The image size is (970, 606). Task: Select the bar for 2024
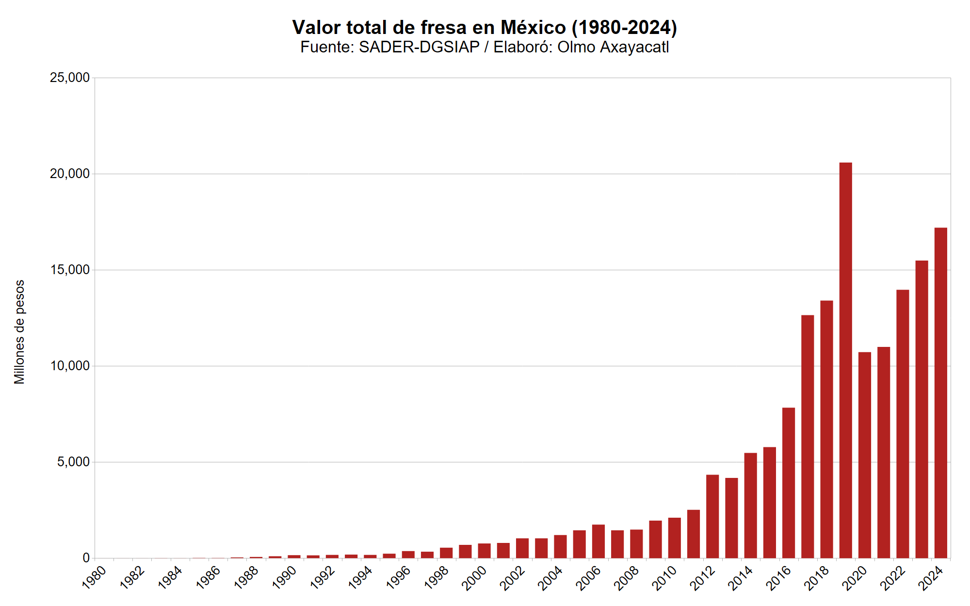pyautogui.click(x=940, y=393)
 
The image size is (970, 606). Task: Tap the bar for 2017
pyautogui.click(x=808, y=436)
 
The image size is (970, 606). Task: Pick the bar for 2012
pyautogui.click(x=712, y=516)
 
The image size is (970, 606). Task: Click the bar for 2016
pyautogui.click(x=789, y=483)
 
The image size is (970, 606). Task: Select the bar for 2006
pyautogui.click(x=598, y=541)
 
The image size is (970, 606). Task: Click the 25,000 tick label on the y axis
pyautogui.click(x=70, y=78)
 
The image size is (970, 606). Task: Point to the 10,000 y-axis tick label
pyautogui.click(x=70, y=366)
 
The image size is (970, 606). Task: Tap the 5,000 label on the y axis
pyautogui.click(x=73, y=462)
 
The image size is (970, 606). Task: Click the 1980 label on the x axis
pyautogui.click(x=94, y=578)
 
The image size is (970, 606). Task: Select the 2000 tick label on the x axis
pyautogui.click(x=474, y=578)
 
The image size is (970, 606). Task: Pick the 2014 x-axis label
pyautogui.click(x=741, y=578)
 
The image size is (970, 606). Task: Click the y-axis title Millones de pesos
pyautogui.click(x=19, y=332)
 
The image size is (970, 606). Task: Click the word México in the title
pyautogui.click(x=533, y=28)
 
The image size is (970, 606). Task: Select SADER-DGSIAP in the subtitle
pyautogui.click(x=419, y=47)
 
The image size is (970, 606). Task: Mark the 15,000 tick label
pyautogui.click(x=70, y=270)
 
